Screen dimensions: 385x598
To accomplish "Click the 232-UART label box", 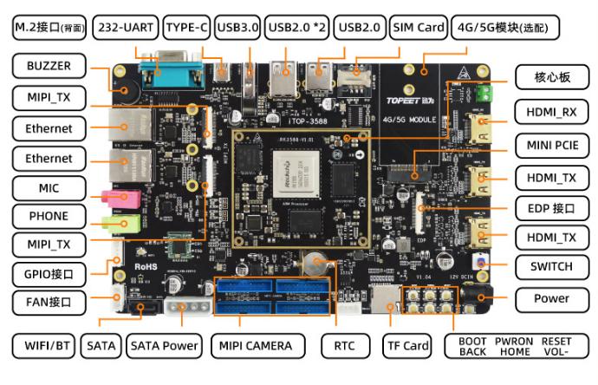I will point(125,28).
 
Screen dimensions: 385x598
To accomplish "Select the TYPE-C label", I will point(186,28).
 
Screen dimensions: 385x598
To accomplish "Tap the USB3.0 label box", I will point(237,28).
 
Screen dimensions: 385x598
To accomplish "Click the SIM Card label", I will point(419,28).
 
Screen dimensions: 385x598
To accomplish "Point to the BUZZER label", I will point(49,66).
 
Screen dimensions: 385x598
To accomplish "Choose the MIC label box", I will point(49,187).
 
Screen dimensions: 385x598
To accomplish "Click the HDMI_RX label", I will point(551,112).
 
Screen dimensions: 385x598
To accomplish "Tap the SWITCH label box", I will point(551,265).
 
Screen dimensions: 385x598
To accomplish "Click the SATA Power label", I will point(165,346).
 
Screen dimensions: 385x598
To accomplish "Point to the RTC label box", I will point(344,346).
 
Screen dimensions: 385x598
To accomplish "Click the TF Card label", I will point(407,346).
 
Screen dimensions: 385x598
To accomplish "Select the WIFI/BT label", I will point(43,346).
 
